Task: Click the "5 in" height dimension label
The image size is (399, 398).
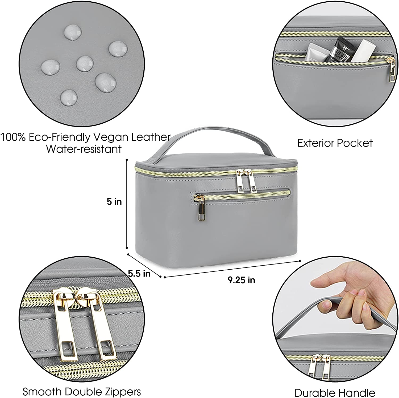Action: (x=114, y=202)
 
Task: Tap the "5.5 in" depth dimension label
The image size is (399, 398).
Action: (x=139, y=273)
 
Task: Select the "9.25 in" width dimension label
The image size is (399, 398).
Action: (x=241, y=280)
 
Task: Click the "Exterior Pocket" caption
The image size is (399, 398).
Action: (x=335, y=143)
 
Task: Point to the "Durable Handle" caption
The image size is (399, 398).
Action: (x=335, y=393)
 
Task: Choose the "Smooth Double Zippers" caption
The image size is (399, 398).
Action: (x=82, y=392)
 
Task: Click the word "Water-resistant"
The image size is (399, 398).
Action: (x=84, y=149)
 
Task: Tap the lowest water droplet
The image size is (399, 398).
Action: (x=69, y=98)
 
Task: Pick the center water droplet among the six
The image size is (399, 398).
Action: (x=85, y=63)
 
